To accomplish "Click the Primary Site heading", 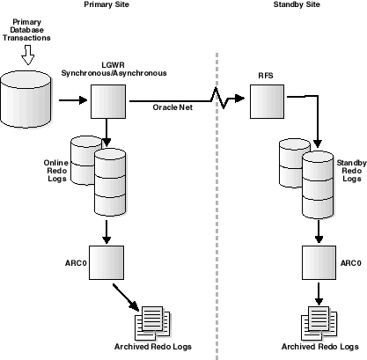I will tap(109, 5).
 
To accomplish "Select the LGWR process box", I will tap(106, 102).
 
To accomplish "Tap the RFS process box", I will tap(265, 102).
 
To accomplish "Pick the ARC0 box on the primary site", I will tap(106, 261).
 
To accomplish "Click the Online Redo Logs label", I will tap(55, 173).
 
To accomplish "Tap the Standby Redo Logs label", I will tap(350, 171).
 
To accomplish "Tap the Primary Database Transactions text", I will tap(27, 28).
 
